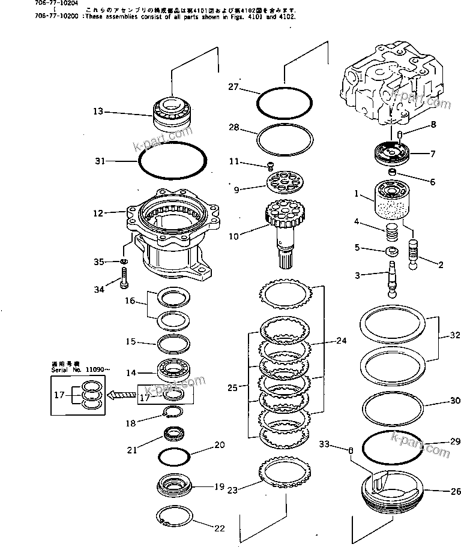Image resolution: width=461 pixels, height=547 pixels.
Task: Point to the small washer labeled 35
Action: [123, 262]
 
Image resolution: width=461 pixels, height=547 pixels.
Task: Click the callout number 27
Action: [234, 88]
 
